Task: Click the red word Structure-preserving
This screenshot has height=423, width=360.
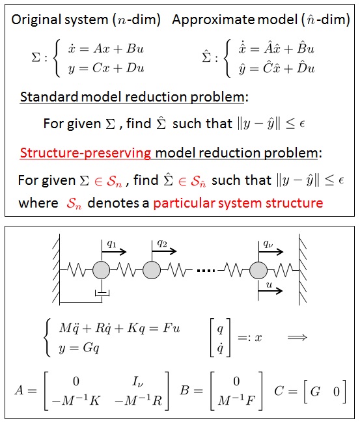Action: click(x=85, y=153)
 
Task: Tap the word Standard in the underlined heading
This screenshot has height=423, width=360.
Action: click(x=49, y=97)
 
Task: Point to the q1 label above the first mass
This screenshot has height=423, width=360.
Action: click(x=111, y=244)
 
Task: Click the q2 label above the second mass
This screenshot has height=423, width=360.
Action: click(x=162, y=243)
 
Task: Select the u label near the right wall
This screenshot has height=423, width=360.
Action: click(x=269, y=284)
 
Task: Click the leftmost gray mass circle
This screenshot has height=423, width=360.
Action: click(x=101, y=270)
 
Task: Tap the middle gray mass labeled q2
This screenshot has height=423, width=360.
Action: click(x=152, y=270)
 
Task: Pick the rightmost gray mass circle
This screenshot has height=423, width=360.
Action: click(x=258, y=270)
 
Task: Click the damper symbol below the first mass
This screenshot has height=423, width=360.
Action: click(x=102, y=293)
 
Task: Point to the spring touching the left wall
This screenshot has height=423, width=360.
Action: click(x=76, y=270)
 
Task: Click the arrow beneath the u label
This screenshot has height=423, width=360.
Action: click(x=270, y=290)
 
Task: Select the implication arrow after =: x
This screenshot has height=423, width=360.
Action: click(x=298, y=337)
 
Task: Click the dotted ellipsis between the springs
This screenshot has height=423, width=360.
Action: click(x=206, y=270)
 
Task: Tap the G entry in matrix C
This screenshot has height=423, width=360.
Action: click(x=315, y=391)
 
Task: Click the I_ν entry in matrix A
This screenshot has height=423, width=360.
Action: click(x=137, y=381)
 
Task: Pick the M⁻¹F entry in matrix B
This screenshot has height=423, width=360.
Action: click(x=236, y=400)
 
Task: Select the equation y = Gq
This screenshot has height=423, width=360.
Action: click(x=79, y=348)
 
